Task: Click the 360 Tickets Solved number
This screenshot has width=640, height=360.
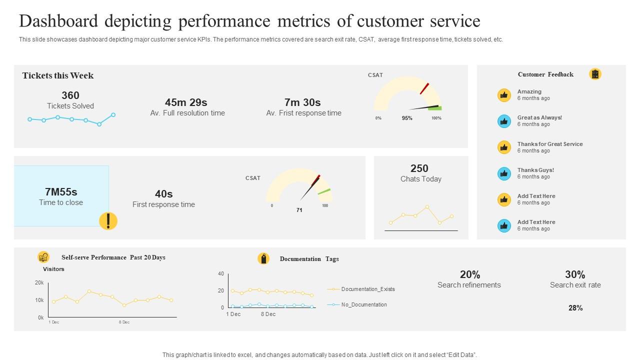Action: pyautogui.click(x=70, y=95)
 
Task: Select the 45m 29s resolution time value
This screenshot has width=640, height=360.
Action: pyautogui.click(x=186, y=102)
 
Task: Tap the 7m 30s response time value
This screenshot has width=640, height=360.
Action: pyautogui.click(x=302, y=102)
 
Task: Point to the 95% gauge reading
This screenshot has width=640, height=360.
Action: pyautogui.click(x=407, y=118)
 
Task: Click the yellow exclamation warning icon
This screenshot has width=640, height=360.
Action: pyautogui.click(x=108, y=220)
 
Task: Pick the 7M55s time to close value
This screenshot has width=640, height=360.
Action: pyautogui.click(x=61, y=192)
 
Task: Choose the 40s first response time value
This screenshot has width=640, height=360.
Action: pyautogui.click(x=163, y=194)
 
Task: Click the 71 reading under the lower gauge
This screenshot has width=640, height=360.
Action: pyautogui.click(x=299, y=210)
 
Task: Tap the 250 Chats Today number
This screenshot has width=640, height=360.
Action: pyautogui.click(x=419, y=168)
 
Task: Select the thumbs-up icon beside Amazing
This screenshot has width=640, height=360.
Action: pyautogui.click(x=504, y=95)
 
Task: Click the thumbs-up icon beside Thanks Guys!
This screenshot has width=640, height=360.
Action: pyautogui.click(x=504, y=173)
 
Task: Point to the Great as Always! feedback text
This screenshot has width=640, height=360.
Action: pyautogui.click(x=539, y=118)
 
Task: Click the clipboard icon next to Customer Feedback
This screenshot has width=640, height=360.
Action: pyautogui.click(x=595, y=74)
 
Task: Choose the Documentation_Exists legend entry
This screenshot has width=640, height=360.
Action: pyautogui.click(x=367, y=289)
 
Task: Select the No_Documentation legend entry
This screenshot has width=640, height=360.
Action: pyautogui.click(x=363, y=304)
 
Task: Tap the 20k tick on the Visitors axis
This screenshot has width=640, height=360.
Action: pyautogui.click(x=39, y=283)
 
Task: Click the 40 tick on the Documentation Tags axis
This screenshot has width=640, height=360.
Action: pyautogui.click(x=221, y=274)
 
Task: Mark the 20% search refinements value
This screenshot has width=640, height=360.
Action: pyautogui.click(x=470, y=274)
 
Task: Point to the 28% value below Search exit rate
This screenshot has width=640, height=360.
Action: pyautogui.click(x=575, y=308)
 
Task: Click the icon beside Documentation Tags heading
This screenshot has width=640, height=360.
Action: pyautogui.click(x=263, y=258)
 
